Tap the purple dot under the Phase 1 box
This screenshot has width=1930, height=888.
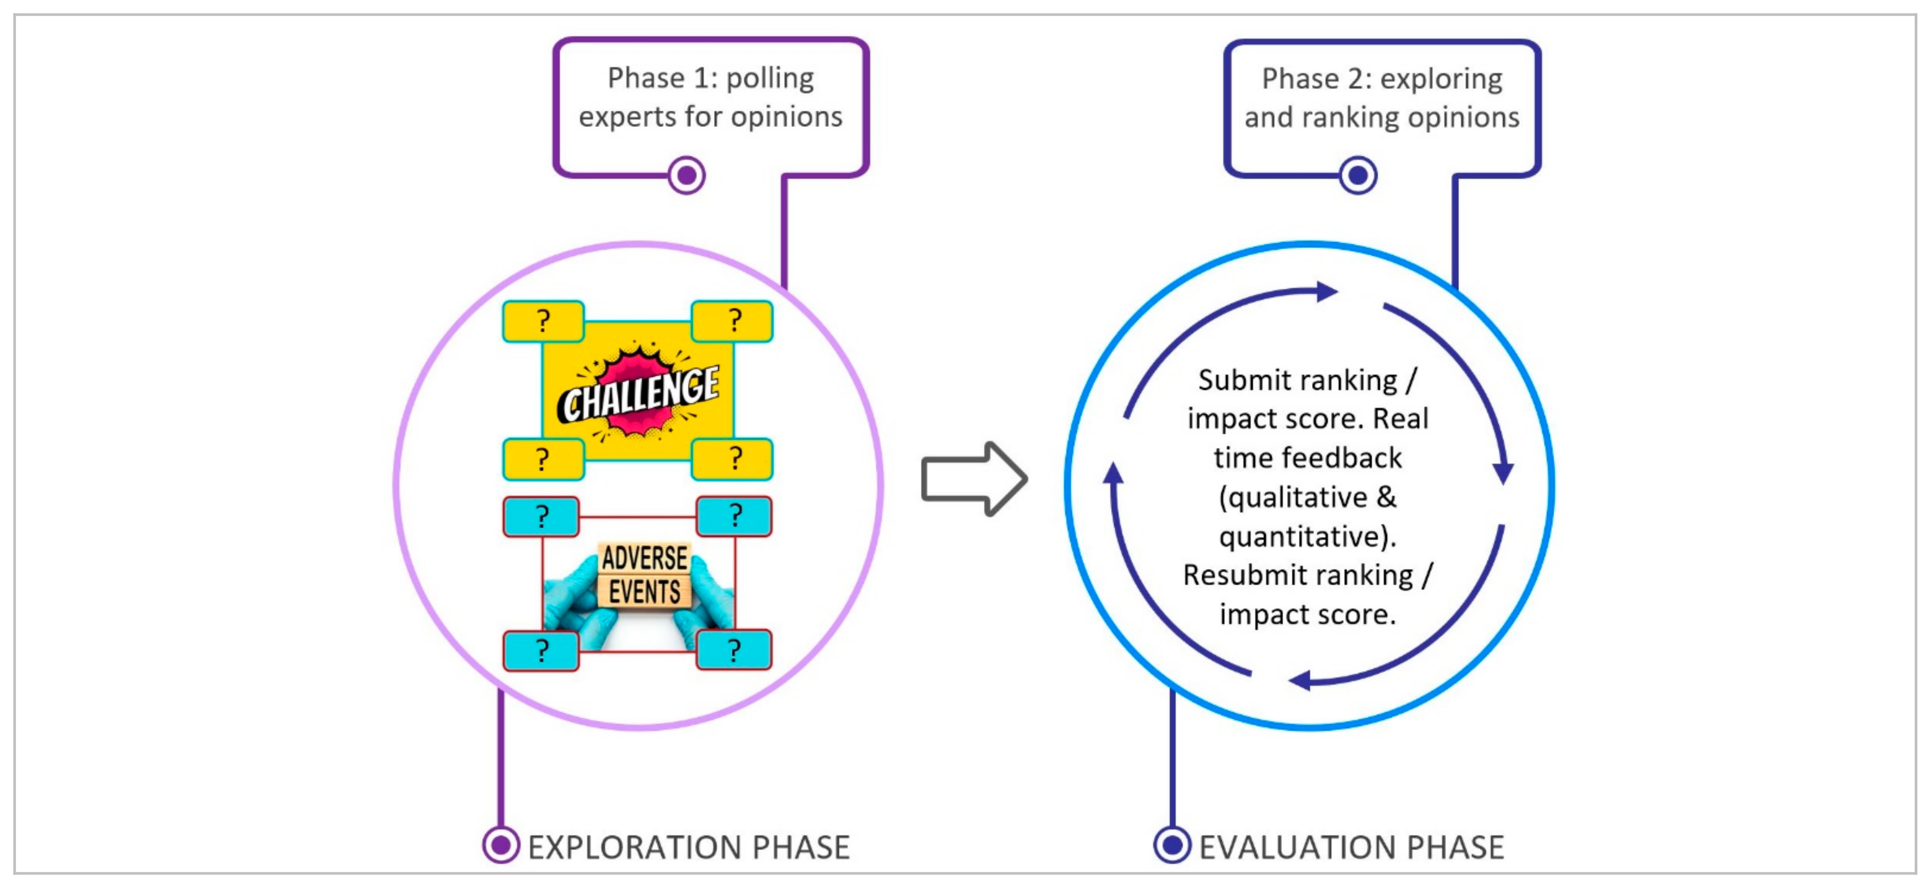686,175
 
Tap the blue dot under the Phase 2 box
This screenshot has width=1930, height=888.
1358,176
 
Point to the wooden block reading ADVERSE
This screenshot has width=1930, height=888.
644,558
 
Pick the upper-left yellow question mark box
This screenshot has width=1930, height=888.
543,321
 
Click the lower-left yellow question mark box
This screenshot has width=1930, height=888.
543,458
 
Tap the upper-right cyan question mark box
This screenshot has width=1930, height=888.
734,516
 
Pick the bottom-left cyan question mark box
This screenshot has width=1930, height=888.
541,650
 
